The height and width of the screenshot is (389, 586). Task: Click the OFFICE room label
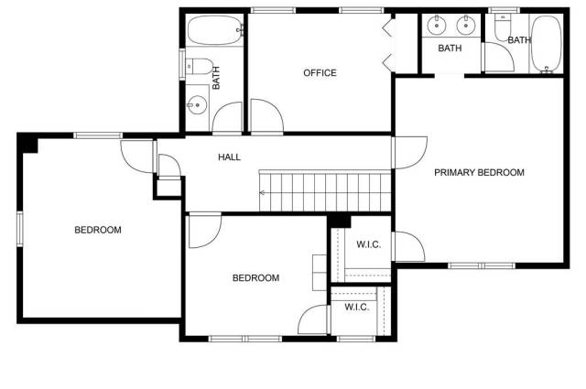[320, 73]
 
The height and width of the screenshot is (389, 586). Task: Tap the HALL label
[229, 157]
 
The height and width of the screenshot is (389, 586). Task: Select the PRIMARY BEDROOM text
[479, 173]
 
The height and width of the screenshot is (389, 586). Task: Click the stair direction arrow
[263, 193]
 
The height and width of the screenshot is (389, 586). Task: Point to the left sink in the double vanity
[436, 25]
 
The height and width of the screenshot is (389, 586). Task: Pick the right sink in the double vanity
[466, 25]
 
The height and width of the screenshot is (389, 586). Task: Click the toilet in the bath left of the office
[200, 67]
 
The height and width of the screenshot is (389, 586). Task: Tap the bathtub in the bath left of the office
[214, 30]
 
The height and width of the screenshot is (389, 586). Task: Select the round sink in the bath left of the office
[197, 105]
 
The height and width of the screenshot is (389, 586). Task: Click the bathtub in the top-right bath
[547, 44]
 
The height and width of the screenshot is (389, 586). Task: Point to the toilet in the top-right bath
[503, 27]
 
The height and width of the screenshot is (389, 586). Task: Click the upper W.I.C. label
[368, 244]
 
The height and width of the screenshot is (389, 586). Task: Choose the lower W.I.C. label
[357, 308]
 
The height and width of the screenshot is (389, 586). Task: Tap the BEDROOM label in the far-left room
[98, 230]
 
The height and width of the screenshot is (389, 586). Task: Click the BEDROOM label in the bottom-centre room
[255, 278]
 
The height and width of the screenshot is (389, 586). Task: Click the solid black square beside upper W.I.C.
[340, 222]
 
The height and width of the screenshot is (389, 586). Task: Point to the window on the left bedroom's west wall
[20, 229]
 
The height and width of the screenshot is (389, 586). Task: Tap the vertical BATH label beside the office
[216, 78]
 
